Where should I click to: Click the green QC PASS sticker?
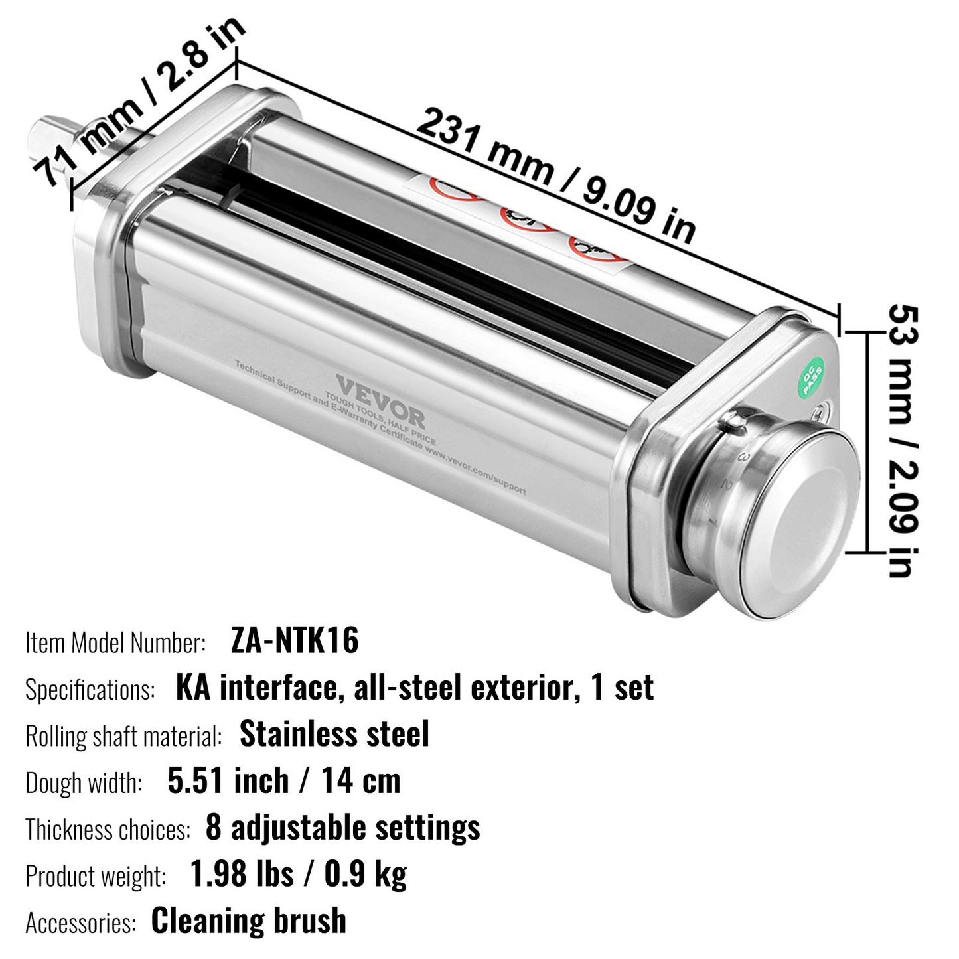pyautogui.click(x=812, y=377)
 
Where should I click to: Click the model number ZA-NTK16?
pyautogui.click(x=295, y=641)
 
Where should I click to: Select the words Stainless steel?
pyautogui.click(x=334, y=734)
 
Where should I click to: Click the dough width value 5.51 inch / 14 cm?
pyautogui.click(x=284, y=781)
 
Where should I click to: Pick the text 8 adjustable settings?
pyautogui.click(x=342, y=828)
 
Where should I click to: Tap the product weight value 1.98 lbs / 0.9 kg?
pyautogui.click(x=298, y=874)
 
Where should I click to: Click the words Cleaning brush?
pyautogui.click(x=249, y=921)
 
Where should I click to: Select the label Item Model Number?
pyautogui.click(x=115, y=642)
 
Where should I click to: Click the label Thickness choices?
pyautogui.click(x=108, y=830)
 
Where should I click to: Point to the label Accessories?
pyautogui.click(x=80, y=923)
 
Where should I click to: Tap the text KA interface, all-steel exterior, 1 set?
pyautogui.click(x=415, y=688)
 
